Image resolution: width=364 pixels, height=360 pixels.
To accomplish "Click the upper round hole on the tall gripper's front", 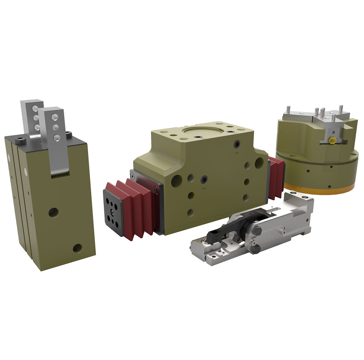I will click(x=53, y=212).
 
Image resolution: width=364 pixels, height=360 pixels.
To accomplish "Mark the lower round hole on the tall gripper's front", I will click(x=77, y=248).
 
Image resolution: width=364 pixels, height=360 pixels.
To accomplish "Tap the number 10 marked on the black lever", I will click(x=217, y=236).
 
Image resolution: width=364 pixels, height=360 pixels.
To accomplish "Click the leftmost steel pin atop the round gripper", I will click(x=288, y=109).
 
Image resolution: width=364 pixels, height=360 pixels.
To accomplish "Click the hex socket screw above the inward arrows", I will click(x=204, y=180).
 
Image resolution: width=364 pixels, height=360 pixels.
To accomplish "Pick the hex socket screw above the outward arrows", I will click(x=237, y=145).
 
